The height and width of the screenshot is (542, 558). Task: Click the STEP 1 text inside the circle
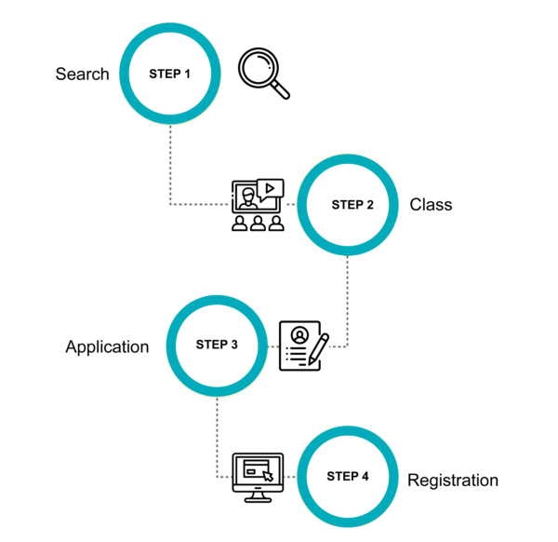pyautogui.click(x=170, y=73)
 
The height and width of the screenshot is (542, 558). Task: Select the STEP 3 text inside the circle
pyautogui.click(x=217, y=345)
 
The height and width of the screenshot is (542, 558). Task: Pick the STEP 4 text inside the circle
pyautogui.click(x=348, y=476)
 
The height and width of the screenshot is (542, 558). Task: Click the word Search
pyautogui.click(x=82, y=74)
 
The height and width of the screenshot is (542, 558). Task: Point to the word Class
pyautogui.click(x=431, y=205)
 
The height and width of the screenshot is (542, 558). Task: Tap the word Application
pyautogui.click(x=107, y=346)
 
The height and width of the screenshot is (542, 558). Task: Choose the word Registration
pyautogui.click(x=453, y=481)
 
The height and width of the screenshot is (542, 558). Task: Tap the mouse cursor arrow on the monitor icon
pyautogui.click(x=269, y=476)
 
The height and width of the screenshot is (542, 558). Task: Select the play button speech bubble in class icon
pyautogui.click(x=270, y=189)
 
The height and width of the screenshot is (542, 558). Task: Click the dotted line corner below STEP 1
pyautogui.click(x=170, y=204)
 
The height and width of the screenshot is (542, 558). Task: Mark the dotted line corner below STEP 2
pyautogui.click(x=347, y=346)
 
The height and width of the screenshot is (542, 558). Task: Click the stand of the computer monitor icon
pyautogui.click(x=258, y=497)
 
